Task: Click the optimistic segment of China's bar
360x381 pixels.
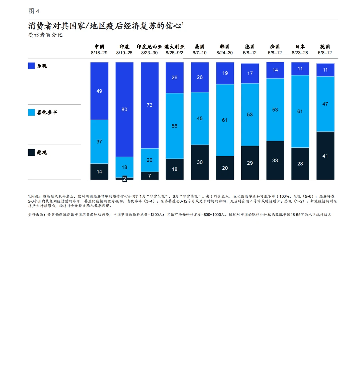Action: [x=99, y=91]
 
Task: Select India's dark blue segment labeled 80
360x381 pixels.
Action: [x=124, y=109]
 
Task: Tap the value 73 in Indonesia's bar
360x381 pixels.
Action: [x=149, y=105]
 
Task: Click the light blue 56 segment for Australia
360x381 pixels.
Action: [x=174, y=126]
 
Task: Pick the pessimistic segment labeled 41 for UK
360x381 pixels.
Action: [x=325, y=156]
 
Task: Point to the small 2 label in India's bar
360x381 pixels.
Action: [x=124, y=179]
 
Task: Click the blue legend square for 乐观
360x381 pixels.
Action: [x=31, y=66]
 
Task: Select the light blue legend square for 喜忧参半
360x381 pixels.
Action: [x=31, y=112]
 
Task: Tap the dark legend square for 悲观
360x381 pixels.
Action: [x=31, y=152]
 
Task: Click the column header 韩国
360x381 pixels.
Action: [x=225, y=47]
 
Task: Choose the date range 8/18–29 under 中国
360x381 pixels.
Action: [x=99, y=53]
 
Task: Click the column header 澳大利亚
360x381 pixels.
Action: [x=174, y=47]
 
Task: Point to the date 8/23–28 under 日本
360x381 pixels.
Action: [x=300, y=53]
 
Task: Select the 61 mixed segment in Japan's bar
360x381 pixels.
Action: [x=300, y=111]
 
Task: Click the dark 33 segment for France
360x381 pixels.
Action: [x=275, y=160]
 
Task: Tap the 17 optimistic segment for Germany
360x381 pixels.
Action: [x=250, y=73]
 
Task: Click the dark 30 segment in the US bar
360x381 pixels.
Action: [x=200, y=162]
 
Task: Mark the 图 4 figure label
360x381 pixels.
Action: [x=34, y=11]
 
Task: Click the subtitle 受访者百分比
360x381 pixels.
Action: [x=45, y=35]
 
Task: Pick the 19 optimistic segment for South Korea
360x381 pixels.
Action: [x=225, y=73]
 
